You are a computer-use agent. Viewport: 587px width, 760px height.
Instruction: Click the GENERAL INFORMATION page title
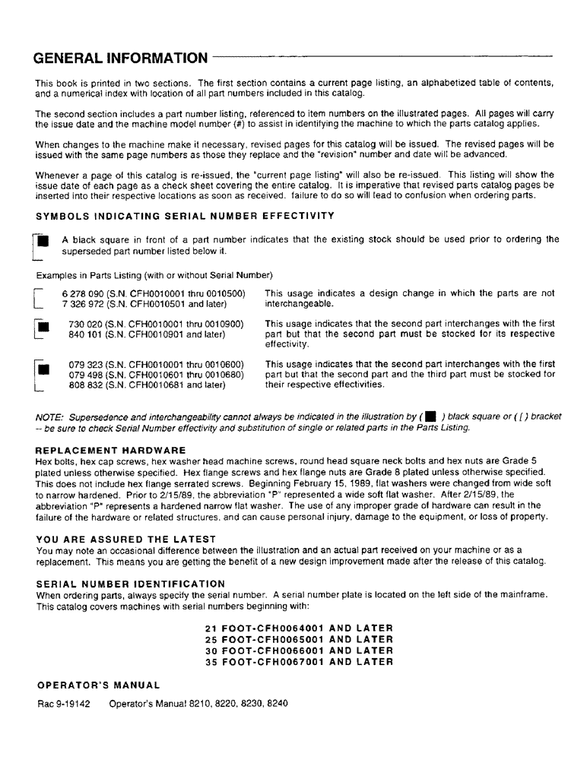tap(120, 59)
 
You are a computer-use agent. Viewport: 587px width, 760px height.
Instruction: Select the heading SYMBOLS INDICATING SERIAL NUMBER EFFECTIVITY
tap(185, 216)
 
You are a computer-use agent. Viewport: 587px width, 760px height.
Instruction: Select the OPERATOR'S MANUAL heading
tap(98, 686)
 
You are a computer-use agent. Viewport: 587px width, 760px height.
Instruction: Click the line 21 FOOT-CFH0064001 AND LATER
tap(299, 628)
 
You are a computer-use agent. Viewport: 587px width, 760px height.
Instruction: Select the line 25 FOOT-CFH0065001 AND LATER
tap(299, 639)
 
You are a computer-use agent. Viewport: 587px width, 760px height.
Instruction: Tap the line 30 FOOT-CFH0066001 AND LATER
tap(299, 651)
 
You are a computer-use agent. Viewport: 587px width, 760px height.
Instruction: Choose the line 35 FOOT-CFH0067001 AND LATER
tap(299, 662)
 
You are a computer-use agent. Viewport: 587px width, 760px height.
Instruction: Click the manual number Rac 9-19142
tap(64, 704)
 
